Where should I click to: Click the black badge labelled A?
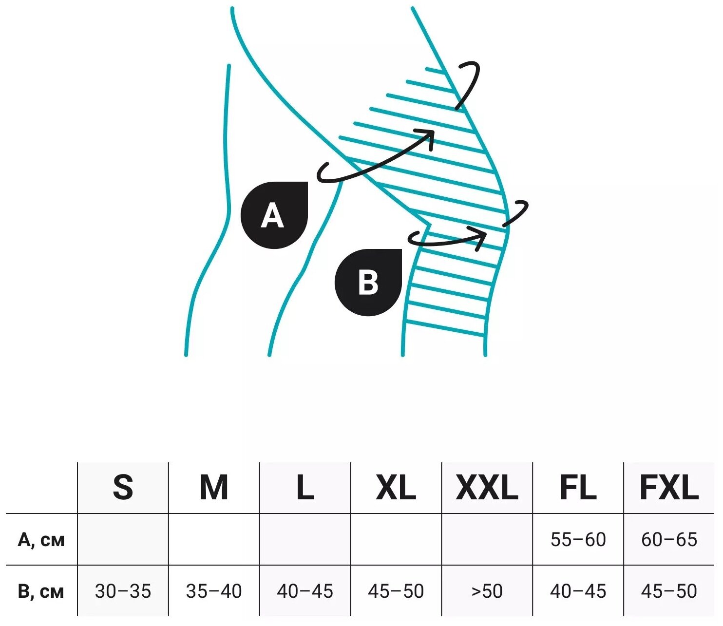pyautogui.click(x=274, y=215)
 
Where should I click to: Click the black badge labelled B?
pyautogui.click(x=368, y=283)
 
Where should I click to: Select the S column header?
pyautogui.click(x=123, y=487)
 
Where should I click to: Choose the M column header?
pyautogui.click(x=214, y=487)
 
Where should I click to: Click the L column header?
pyautogui.click(x=305, y=487)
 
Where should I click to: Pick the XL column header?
pyautogui.click(x=396, y=487)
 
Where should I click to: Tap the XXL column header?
pyautogui.click(x=487, y=487)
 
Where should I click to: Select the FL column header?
pyautogui.click(x=578, y=487)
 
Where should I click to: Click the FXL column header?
pyautogui.click(x=669, y=487)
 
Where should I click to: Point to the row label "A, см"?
pyautogui.click(x=41, y=540)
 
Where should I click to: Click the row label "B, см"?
pyautogui.click(x=41, y=591)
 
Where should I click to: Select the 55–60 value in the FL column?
pyautogui.click(x=578, y=540)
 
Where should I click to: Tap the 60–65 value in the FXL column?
pyautogui.click(x=669, y=540)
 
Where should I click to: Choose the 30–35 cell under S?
pyautogui.click(x=123, y=591)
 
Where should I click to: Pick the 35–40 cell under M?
pyautogui.click(x=214, y=591)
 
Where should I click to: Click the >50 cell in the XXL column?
pyautogui.click(x=487, y=591)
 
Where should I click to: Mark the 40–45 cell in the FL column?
pyautogui.click(x=578, y=591)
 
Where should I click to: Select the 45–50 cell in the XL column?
pyautogui.click(x=396, y=591)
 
